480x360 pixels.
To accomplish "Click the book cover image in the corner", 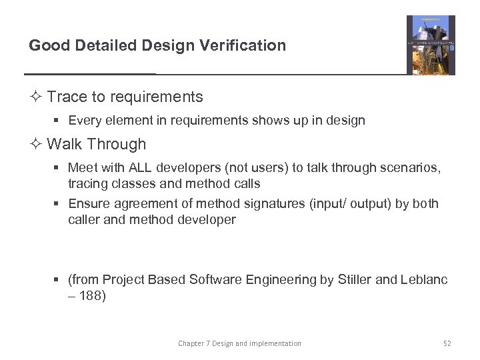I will tap(431, 45).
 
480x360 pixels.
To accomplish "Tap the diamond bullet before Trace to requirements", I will tap(37, 97).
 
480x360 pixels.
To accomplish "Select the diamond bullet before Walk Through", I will tap(37, 144).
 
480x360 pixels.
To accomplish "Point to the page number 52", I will tap(447, 343).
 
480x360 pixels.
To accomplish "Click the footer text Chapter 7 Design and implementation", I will tap(239, 343).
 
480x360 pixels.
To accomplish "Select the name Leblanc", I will tap(424, 279).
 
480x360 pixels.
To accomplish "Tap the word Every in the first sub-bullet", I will tap(84, 121).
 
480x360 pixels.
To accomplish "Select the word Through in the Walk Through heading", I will tap(116, 144).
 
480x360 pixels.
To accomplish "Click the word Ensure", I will tap(88, 203).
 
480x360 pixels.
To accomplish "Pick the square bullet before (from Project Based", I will tap(58, 280).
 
